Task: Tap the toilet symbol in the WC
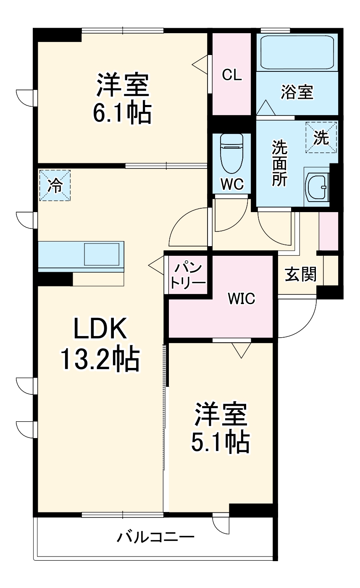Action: (x=232, y=153)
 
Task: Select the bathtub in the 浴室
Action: (x=297, y=52)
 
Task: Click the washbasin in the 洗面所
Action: (x=318, y=187)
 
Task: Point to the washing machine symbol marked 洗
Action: (x=321, y=137)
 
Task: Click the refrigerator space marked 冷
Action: (x=55, y=185)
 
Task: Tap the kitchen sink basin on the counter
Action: (x=103, y=255)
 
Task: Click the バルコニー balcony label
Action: (x=155, y=537)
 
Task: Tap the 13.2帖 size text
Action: (x=100, y=359)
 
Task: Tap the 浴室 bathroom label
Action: (x=297, y=92)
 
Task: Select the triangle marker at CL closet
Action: (x=200, y=63)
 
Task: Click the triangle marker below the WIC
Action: (x=241, y=349)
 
